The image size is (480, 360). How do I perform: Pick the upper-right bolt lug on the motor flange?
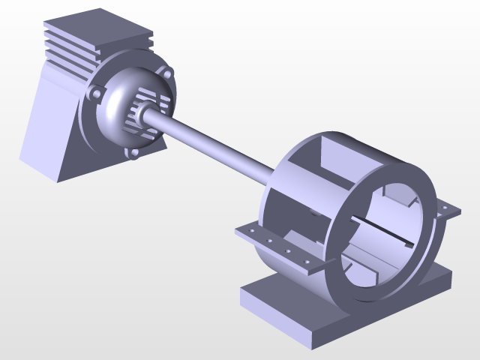click(166, 73)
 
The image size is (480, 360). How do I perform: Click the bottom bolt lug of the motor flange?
click(134, 153)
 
